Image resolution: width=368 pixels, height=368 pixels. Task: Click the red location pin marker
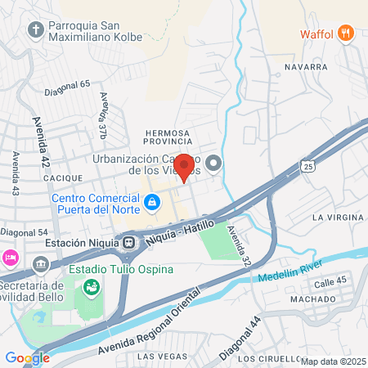pos(185,168)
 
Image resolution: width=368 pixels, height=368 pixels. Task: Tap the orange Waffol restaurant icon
pos(347,34)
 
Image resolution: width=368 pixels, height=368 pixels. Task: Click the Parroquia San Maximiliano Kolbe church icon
pos(35,30)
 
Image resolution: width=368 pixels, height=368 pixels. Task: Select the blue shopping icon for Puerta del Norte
pos(151,201)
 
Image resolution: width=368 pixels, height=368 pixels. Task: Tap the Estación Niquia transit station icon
pos(129,242)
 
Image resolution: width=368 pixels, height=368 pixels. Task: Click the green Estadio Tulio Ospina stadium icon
pos(92,287)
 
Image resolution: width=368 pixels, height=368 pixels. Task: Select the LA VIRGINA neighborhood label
pos(338,217)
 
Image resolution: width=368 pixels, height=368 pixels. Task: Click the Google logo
pos(27,357)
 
